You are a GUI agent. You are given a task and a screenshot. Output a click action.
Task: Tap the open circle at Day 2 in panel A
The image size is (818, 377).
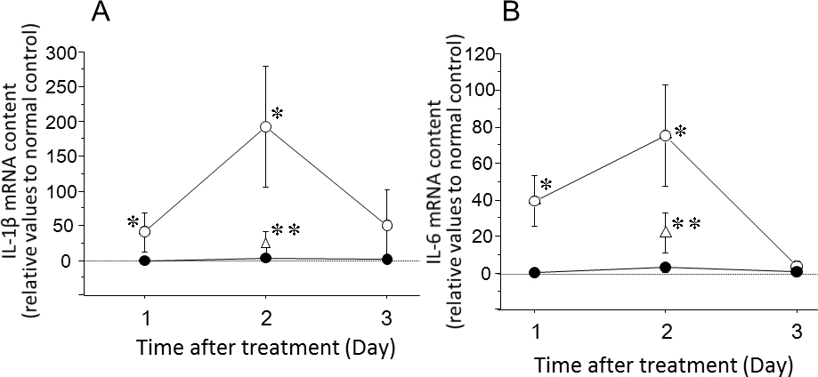[x=265, y=126]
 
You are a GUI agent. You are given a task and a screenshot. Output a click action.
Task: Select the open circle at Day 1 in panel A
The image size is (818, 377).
[x=145, y=231]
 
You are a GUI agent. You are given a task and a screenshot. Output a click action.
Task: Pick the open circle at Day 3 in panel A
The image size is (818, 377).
[x=386, y=226]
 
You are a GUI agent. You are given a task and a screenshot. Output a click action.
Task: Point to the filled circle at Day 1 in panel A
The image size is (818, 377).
[x=145, y=261]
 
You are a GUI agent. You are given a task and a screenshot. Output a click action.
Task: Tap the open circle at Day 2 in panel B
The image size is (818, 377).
[x=665, y=135]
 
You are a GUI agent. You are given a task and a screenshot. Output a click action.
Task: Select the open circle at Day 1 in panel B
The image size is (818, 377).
[x=534, y=201]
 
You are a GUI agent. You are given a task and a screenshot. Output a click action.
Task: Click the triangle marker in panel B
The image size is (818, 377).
[x=665, y=231]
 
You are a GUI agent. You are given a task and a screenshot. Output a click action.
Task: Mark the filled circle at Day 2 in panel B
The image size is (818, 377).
[x=665, y=268]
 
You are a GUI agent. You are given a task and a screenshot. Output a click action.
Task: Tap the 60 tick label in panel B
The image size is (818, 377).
[x=481, y=164]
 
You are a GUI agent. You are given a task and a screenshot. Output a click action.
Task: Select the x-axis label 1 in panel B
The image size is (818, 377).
[x=534, y=332]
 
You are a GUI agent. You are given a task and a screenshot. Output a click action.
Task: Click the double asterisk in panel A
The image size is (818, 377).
[x=286, y=230]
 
